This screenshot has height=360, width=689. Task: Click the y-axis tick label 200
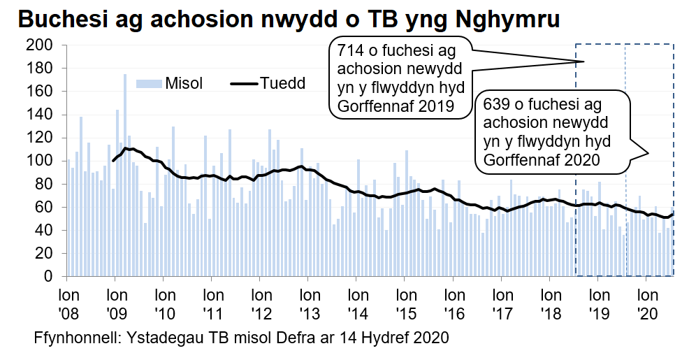pyautogui.click(x=40, y=45)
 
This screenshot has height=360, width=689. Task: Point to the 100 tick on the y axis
pyautogui.click(x=40, y=161)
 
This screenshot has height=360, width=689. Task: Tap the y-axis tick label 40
pyautogui.click(x=44, y=230)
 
